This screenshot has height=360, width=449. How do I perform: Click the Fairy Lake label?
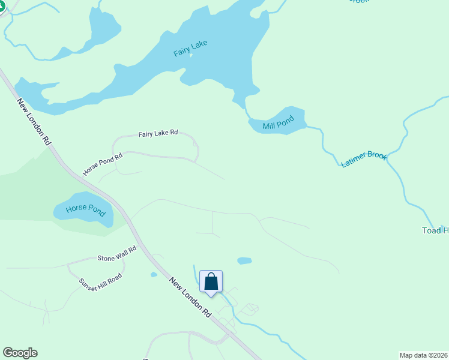point(190,49)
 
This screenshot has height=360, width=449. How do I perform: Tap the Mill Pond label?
point(279,124)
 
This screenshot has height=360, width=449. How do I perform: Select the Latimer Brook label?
point(364,160)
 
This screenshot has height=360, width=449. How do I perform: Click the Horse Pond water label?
point(85,211)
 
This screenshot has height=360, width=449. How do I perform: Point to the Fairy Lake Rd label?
point(158,133)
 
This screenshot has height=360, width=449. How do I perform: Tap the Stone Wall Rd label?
point(117,253)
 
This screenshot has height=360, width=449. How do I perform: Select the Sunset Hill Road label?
point(100,279)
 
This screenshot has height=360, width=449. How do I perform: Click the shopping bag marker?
point(211,281)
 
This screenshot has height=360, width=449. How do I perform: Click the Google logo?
point(20,353)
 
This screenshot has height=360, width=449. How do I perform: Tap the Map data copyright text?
point(423,355)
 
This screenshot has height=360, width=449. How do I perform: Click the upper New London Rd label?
point(34,122)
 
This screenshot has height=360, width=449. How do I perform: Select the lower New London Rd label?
point(190,297)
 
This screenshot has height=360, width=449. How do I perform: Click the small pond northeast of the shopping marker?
point(244,261)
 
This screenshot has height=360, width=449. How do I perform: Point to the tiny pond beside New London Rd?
point(154,275)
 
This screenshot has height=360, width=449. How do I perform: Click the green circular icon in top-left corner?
point(2,7)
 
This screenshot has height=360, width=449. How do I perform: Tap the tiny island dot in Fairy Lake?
point(191,56)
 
